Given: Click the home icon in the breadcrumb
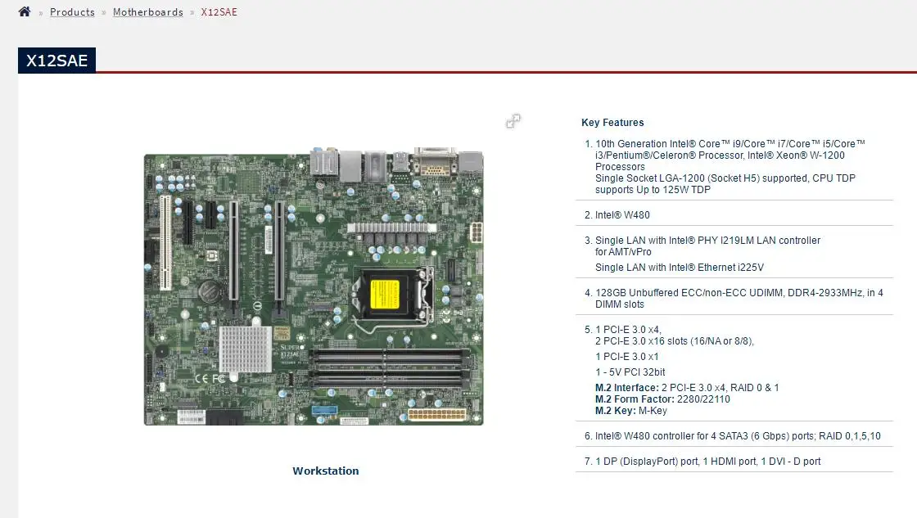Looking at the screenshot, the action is (25, 12).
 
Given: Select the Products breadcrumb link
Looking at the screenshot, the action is (72, 12).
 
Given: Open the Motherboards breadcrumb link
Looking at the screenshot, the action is (147, 12).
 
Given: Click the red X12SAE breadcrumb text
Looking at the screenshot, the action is (219, 12).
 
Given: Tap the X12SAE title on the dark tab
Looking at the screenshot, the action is (56, 61).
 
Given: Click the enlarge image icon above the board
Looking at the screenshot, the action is (513, 121).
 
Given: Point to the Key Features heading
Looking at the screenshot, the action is (612, 123).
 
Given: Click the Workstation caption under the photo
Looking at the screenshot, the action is (326, 471).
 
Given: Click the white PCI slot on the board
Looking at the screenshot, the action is (165, 243).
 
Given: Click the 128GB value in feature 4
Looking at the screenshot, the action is (610, 293).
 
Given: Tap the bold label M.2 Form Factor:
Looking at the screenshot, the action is (635, 399).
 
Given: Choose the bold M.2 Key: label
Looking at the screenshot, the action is (618, 411).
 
